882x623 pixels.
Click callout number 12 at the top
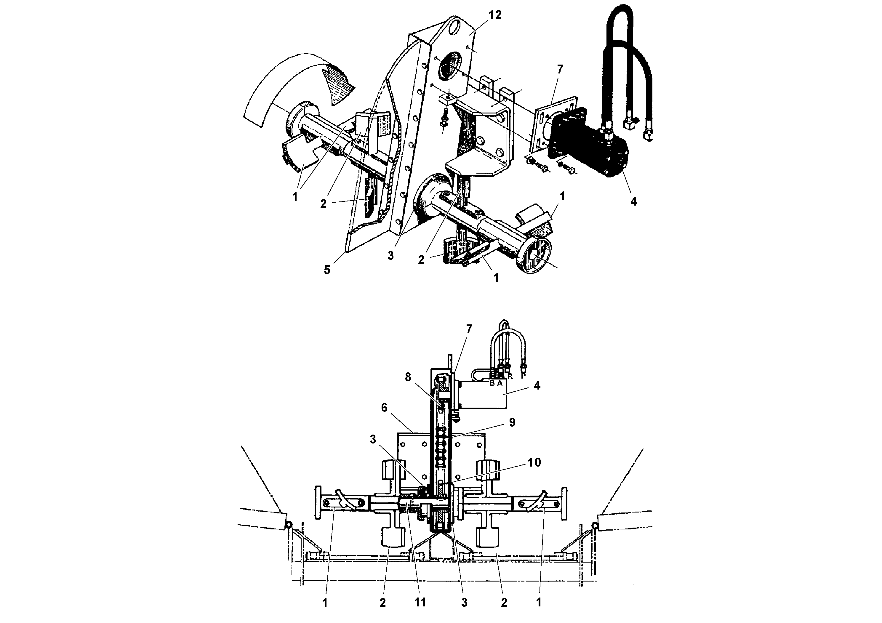[x=495, y=15]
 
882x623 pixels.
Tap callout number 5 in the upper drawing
[x=327, y=270]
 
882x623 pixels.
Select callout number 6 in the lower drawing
[x=384, y=408]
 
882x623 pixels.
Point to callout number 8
[x=408, y=378]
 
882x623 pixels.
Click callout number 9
[x=512, y=422]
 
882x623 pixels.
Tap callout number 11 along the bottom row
[x=420, y=603]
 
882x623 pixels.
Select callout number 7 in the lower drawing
[x=469, y=329]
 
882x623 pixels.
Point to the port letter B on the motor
[x=492, y=383]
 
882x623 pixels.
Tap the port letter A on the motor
[x=500, y=383]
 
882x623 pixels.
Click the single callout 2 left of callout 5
[x=324, y=204]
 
